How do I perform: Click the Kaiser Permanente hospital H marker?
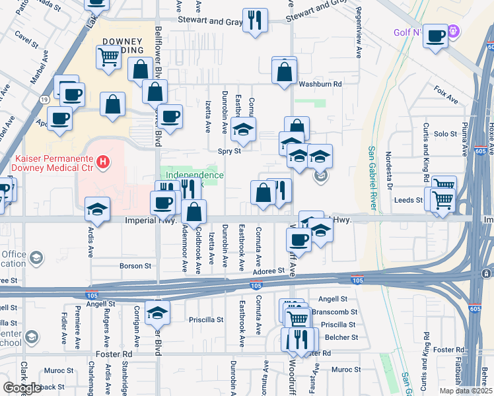[x=102, y=161]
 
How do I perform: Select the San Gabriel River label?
[x=372, y=178]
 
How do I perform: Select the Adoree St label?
[x=268, y=270]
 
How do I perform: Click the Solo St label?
[x=445, y=134]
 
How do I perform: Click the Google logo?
[x=22, y=388]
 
